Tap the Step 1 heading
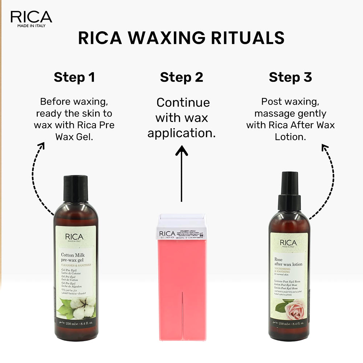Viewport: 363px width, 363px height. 74,77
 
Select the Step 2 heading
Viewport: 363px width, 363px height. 181,77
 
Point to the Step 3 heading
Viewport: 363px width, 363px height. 290,77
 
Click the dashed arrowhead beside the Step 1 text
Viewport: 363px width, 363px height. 41,146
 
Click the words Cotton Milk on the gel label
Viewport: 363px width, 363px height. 74,255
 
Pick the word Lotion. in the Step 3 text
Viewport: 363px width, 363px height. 290,137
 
